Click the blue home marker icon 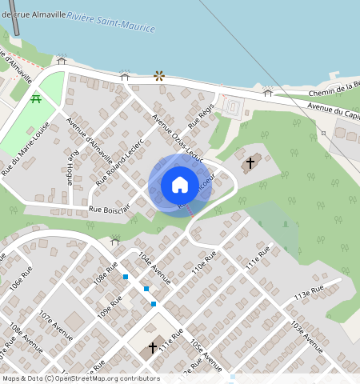click(x=180, y=185)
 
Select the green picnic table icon click(x=36, y=98)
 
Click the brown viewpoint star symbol click(x=159, y=77)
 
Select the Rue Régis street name click(x=199, y=118)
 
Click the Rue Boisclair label click(x=110, y=210)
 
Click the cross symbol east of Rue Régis click(x=250, y=164)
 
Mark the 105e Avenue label click(x=206, y=354)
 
